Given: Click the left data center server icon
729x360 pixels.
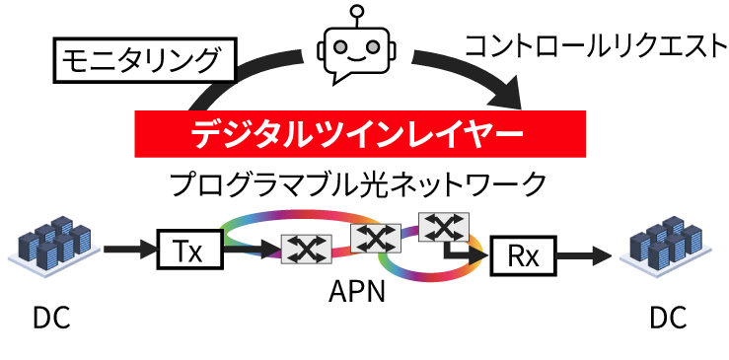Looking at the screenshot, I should coord(52,248).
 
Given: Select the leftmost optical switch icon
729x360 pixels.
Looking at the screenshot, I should coord(306,250).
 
